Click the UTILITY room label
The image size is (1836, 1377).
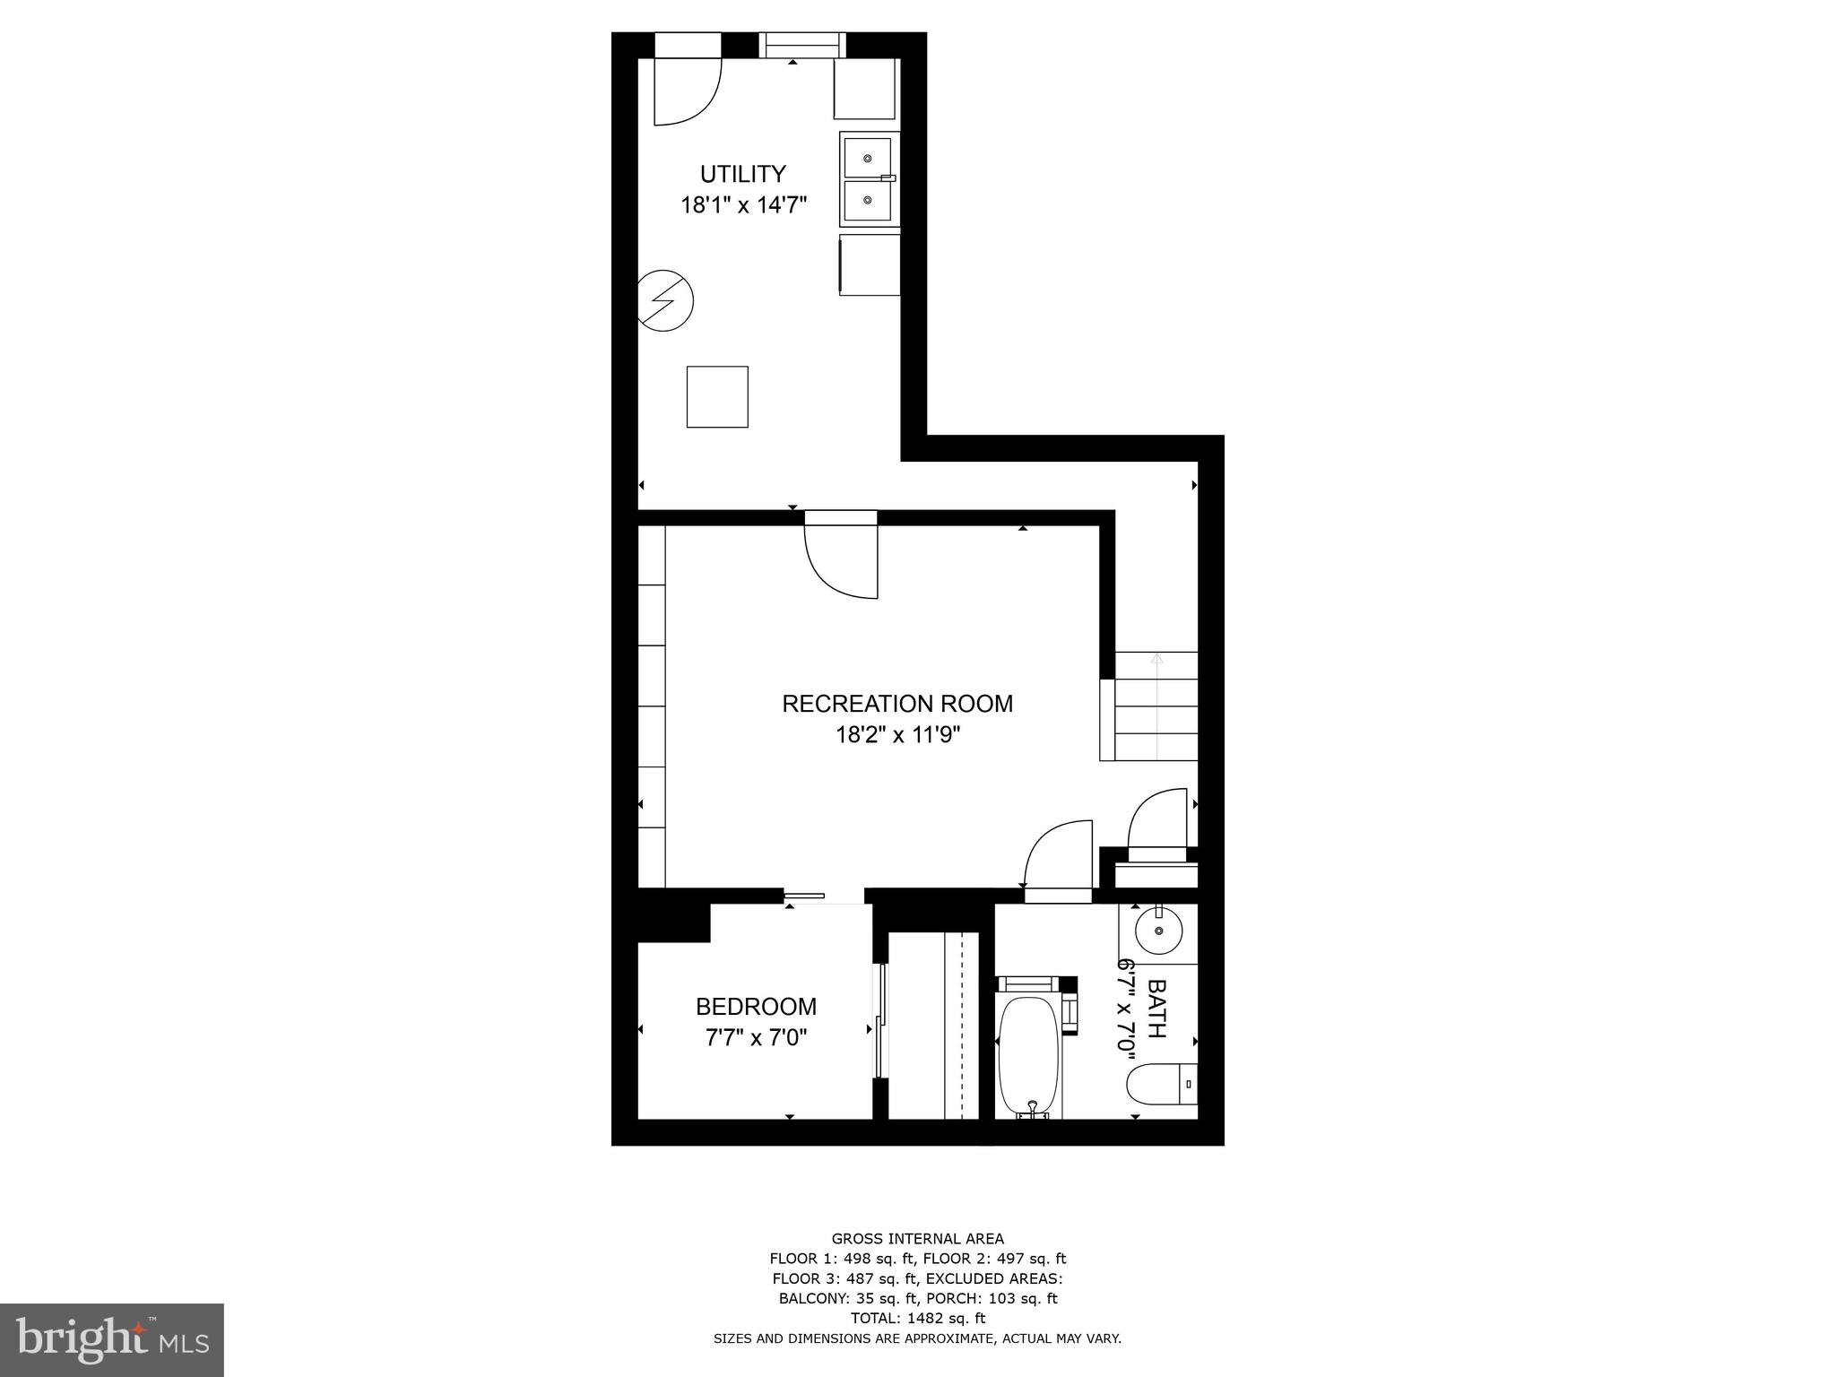coord(742,173)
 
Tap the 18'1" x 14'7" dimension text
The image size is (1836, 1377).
coord(743,205)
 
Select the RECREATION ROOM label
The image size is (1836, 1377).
coord(897,704)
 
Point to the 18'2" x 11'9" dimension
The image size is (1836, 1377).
coord(897,735)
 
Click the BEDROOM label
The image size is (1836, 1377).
coord(756,1007)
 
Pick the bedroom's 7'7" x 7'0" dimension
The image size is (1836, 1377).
coord(756,1038)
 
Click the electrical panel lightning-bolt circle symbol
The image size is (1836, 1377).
coord(665,302)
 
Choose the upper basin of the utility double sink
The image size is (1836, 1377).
coord(868,159)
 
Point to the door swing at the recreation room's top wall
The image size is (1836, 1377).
coord(841,560)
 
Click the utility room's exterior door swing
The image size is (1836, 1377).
coord(686,91)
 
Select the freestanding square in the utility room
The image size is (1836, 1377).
coord(717,396)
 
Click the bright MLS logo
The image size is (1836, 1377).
coord(112,1339)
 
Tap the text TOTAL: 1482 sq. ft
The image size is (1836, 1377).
coord(917,1318)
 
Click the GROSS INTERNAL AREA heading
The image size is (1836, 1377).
coord(917,1239)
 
